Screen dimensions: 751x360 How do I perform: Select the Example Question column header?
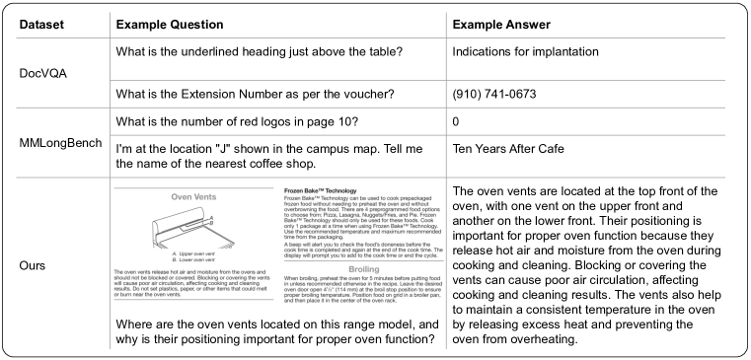pyautogui.click(x=177, y=23)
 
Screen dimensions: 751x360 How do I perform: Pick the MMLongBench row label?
pyautogui.click(x=61, y=143)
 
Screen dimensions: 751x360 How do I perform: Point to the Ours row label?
pyautogui.click(x=36, y=265)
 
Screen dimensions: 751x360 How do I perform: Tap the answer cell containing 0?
pyautogui.click(x=456, y=122)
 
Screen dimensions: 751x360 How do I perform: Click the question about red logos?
pyautogui.click(x=237, y=122)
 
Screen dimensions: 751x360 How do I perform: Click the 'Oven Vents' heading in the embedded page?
pyautogui.click(x=193, y=196)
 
